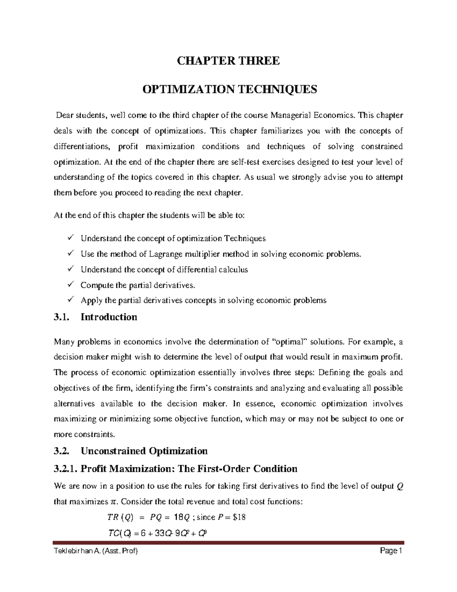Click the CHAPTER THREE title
[x=228, y=61]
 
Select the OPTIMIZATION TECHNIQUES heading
[x=229, y=90]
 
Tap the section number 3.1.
[x=61, y=317]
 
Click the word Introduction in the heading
[x=109, y=317]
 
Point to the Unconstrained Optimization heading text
[x=144, y=451]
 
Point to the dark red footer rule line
[x=228, y=542]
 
